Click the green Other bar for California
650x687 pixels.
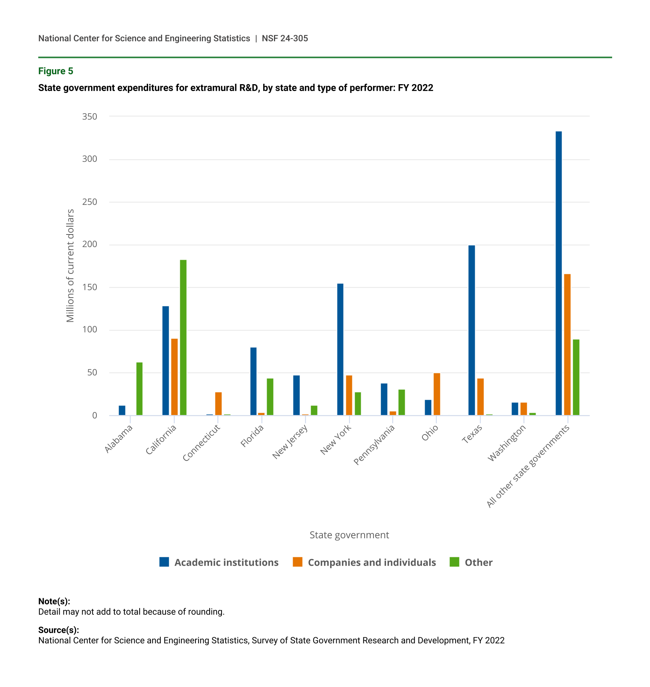[183, 337]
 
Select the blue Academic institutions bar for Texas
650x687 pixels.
[471, 330]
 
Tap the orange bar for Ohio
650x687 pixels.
[437, 394]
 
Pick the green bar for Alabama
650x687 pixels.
[139, 389]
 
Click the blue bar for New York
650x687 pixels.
[340, 349]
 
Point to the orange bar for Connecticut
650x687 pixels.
[218, 404]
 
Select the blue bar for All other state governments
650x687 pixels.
[559, 273]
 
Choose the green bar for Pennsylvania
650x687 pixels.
[401, 402]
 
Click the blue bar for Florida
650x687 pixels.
[253, 381]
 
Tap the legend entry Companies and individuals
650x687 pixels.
[371, 562]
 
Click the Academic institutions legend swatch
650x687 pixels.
[164, 562]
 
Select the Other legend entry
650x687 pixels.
[478, 562]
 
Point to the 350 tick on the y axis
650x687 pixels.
[90, 116]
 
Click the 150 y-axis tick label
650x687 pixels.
[90, 287]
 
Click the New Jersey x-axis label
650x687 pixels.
[290, 442]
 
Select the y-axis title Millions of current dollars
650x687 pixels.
[70, 266]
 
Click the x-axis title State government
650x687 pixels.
[349, 535]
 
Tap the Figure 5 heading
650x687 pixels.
[55, 71]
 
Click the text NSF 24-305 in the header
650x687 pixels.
[285, 38]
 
